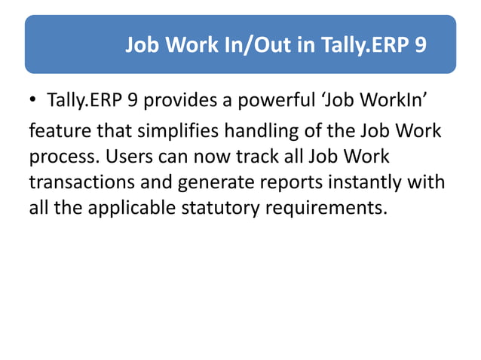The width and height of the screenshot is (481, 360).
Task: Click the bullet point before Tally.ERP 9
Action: click(34, 101)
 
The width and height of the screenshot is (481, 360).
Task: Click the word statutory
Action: click(215, 208)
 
